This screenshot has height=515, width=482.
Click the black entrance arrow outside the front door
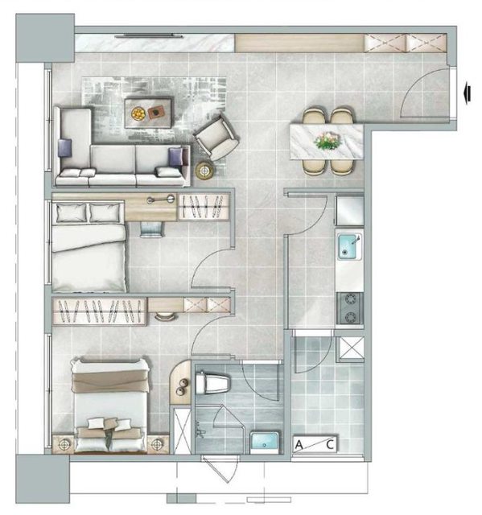click(x=468, y=93)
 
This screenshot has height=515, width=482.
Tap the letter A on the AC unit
click(x=299, y=445)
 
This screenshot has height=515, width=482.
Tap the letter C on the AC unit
click(x=330, y=445)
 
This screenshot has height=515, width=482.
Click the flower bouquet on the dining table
click(x=328, y=140)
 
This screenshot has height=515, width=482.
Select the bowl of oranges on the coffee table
click(x=138, y=113)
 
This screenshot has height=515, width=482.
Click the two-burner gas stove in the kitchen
click(x=350, y=308)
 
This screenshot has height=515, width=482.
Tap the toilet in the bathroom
click(x=212, y=383)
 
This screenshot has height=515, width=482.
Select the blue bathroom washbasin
click(x=265, y=442)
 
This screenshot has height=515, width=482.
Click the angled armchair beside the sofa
click(x=216, y=138)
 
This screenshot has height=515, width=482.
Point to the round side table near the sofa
click(x=205, y=171)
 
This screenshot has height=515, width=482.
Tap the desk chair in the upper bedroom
click(x=152, y=229)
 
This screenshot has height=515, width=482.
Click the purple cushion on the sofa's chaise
click(x=64, y=147)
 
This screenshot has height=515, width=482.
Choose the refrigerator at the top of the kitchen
click(x=350, y=211)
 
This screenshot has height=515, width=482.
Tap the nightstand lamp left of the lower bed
click(x=64, y=444)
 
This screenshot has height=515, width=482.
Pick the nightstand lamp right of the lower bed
click(x=158, y=444)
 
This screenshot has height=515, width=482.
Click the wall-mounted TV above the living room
click(x=148, y=35)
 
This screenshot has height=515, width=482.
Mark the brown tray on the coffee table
click(x=156, y=113)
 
